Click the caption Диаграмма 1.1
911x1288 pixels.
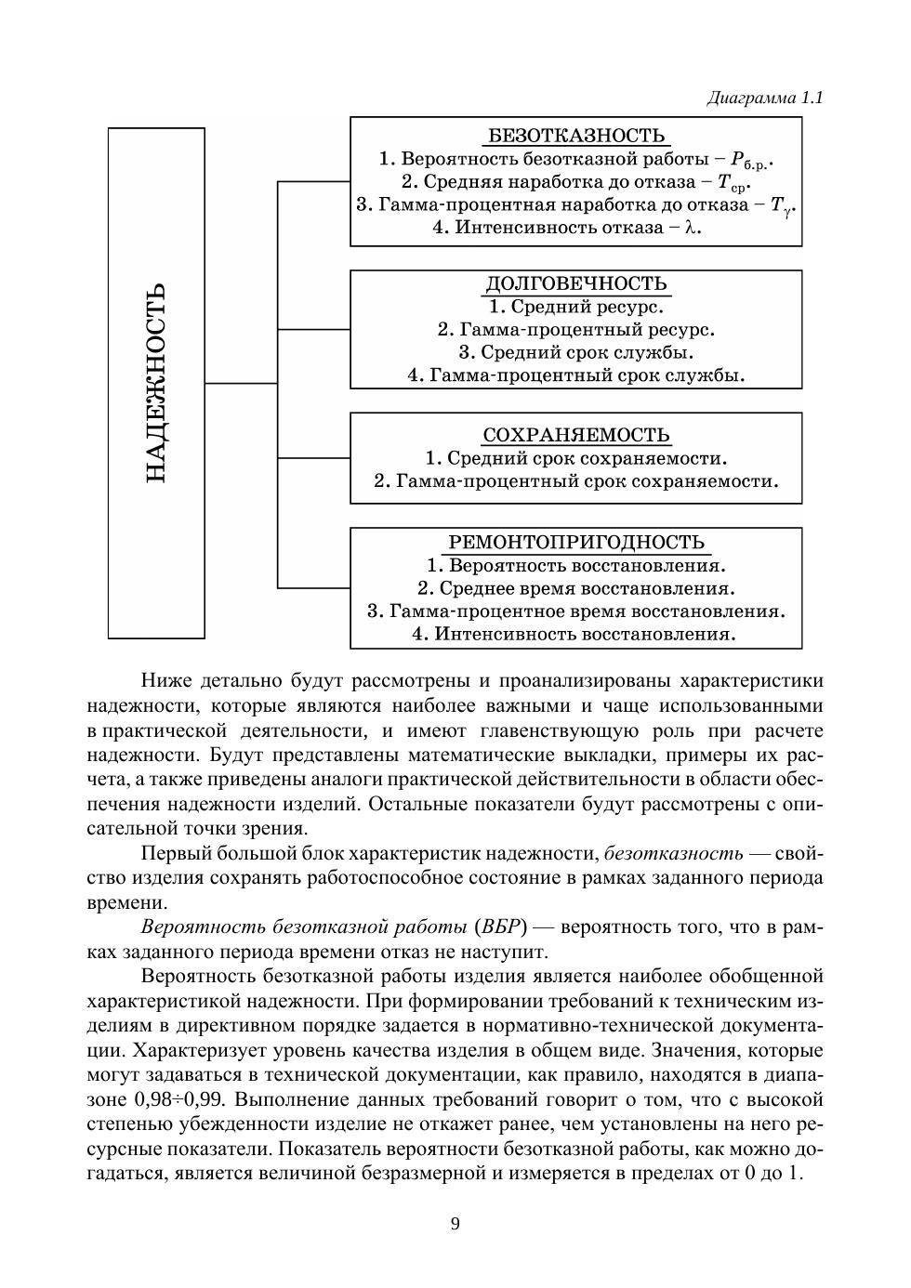pyautogui.click(x=765, y=98)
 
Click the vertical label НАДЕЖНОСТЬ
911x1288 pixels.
pyautogui.click(x=156, y=383)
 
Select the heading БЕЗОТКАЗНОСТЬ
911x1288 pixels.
pyautogui.click(x=576, y=136)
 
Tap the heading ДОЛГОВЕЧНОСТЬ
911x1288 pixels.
pyautogui.click(x=576, y=283)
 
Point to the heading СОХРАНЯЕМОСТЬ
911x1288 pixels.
pyautogui.click(x=576, y=435)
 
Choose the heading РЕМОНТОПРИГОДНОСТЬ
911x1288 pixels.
pyautogui.click(x=576, y=542)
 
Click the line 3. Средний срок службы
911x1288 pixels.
pyautogui.click(x=576, y=352)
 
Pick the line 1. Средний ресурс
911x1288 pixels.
pyautogui.click(x=576, y=307)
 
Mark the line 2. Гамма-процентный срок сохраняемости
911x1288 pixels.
pyautogui.click(x=576, y=481)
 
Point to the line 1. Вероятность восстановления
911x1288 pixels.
pyautogui.click(x=576, y=565)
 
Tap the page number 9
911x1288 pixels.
pyautogui.click(x=455, y=1223)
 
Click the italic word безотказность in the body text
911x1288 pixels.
pyautogui.click(x=674, y=853)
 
